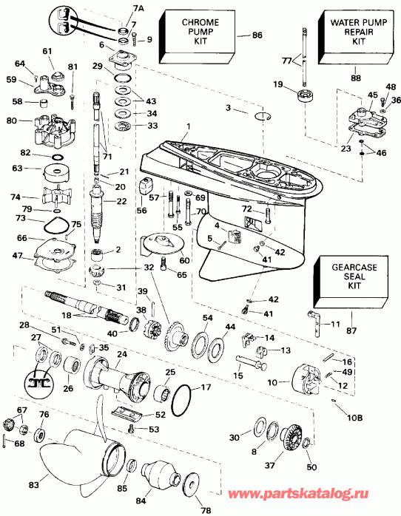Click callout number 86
257,35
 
